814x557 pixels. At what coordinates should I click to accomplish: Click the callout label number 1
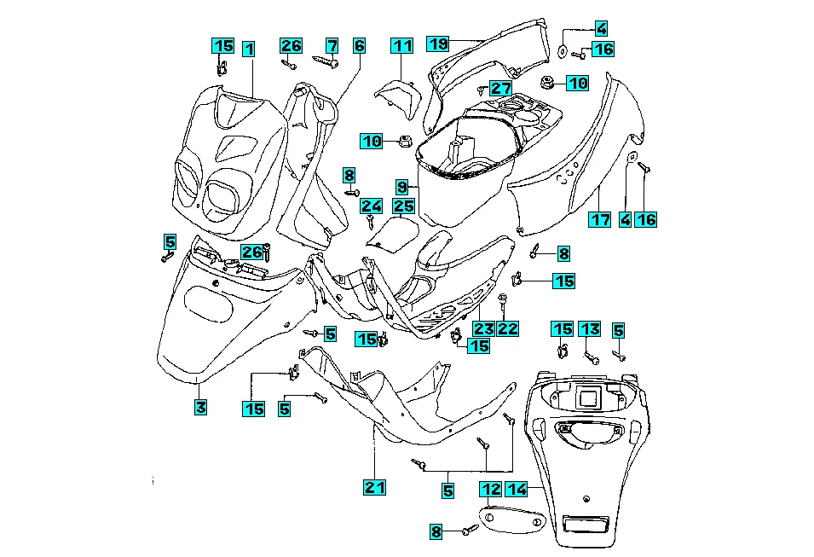click(248, 49)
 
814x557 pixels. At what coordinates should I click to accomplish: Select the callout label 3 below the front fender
click(199, 408)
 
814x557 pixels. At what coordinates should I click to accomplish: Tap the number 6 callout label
click(359, 45)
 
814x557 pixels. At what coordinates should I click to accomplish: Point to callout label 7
click(332, 45)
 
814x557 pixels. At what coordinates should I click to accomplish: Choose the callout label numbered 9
click(401, 185)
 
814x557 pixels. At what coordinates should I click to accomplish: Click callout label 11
click(401, 45)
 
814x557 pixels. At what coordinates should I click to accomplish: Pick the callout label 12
click(490, 489)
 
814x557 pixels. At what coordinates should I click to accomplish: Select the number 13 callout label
click(590, 329)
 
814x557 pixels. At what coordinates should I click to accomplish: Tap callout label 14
click(516, 489)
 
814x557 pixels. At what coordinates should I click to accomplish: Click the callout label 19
click(437, 43)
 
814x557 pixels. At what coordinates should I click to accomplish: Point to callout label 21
click(374, 487)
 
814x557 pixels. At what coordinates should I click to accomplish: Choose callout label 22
click(508, 328)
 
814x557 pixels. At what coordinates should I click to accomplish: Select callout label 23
click(483, 328)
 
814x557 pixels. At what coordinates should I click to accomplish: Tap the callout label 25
click(403, 206)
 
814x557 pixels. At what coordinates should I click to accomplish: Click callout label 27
click(500, 88)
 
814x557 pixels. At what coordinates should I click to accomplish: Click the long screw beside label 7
click(326, 61)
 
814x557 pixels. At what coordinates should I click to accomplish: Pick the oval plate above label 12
click(511, 518)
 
